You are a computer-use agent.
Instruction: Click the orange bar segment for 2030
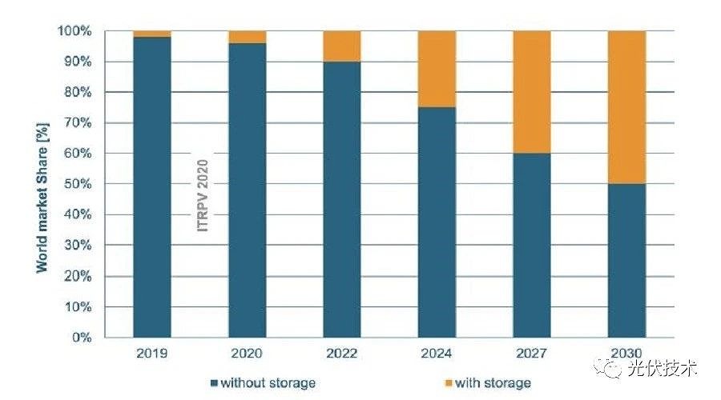point(626,107)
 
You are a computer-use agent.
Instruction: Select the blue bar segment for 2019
point(152,187)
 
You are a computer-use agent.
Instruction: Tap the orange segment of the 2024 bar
point(437,69)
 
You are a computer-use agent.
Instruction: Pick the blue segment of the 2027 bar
point(532,245)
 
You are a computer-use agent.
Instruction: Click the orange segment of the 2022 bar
point(342,46)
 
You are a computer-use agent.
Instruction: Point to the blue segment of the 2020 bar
point(247,190)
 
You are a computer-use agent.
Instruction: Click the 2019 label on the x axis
point(152,354)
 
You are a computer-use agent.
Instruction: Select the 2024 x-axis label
point(437,354)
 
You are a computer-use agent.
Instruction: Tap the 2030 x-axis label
point(626,354)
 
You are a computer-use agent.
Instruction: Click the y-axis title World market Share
point(42,185)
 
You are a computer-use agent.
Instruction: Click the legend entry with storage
point(488,382)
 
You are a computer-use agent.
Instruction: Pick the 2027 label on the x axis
point(532,354)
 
